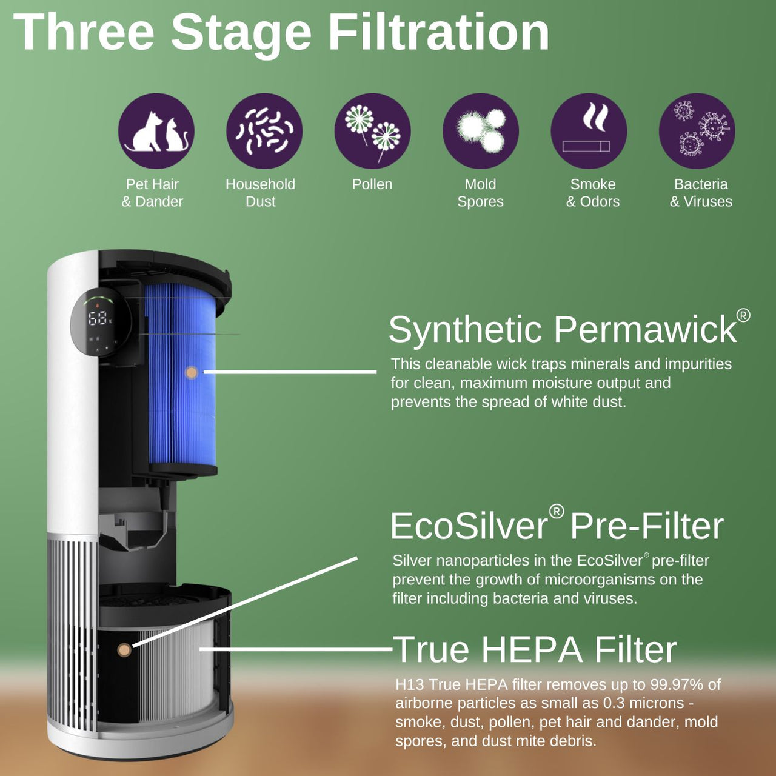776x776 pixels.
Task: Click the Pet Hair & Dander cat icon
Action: coord(156,131)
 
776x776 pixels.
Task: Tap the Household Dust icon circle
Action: coord(264,131)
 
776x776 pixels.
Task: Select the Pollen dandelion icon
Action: coord(372,131)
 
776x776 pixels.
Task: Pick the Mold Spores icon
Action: coord(481,131)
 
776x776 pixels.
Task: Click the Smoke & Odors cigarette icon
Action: coord(589,131)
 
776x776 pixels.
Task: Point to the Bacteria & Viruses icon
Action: coord(697,131)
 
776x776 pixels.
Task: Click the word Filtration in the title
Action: coord(438,33)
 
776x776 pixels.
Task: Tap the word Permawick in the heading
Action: coord(644,330)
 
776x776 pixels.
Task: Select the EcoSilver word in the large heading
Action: coord(469,526)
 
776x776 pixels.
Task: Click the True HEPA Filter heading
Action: coord(534,650)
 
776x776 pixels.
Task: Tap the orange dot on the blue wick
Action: coord(192,372)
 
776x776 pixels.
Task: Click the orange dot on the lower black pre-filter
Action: coord(124,650)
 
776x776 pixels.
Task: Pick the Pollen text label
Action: coord(372,184)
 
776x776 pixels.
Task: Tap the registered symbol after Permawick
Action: coord(743,315)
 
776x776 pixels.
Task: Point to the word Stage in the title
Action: coord(241,33)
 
